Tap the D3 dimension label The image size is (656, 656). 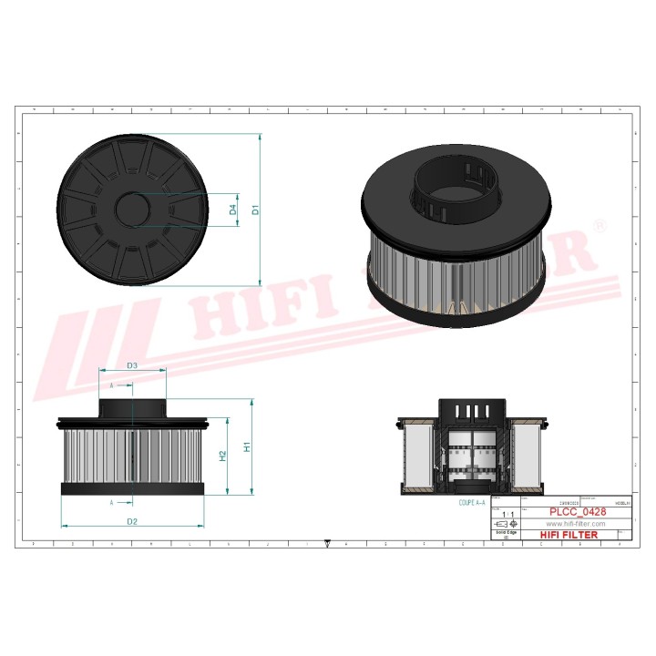pos(132,365)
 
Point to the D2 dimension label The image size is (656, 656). pos(132,521)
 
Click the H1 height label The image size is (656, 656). pos(247,447)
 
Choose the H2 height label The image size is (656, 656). pos(222,456)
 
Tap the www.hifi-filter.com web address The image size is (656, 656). pos(575,524)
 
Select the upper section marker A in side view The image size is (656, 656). pos(112,385)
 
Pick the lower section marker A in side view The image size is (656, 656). pos(112,502)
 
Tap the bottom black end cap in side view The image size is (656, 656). pos(133,489)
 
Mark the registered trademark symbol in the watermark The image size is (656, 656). pos(599,224)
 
